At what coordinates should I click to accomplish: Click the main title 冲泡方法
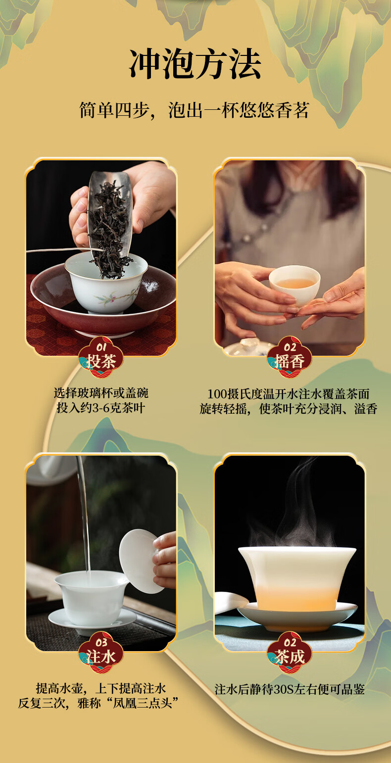coord(195,64)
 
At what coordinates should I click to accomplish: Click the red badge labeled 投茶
coord(101,357)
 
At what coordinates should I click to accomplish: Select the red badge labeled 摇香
coord(290,357)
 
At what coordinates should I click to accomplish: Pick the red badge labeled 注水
coord(101,653)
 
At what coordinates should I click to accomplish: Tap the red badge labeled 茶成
coord(290,653)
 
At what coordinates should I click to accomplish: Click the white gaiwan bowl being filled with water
coord(91,598)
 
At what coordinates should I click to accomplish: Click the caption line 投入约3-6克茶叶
coord(101,408)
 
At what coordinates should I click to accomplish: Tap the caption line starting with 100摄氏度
coord(289,394)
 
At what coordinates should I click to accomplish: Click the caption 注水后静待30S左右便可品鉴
coord(290,689)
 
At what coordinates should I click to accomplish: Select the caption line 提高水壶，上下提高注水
coord(101,688)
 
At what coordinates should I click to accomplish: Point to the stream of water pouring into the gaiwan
coord(84,514)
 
